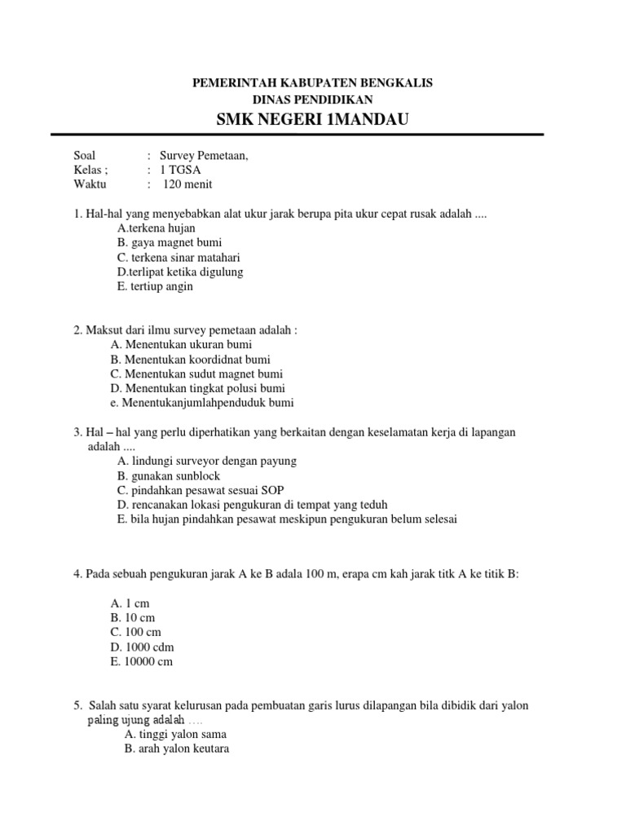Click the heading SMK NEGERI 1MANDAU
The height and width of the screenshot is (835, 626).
coord(312,121)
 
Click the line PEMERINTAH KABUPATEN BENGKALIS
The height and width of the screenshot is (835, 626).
coord(312,83)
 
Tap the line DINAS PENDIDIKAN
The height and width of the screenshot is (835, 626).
coord(312,99)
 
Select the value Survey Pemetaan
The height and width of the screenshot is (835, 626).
coord(203,156)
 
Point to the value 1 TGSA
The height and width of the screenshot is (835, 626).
coord(181,170)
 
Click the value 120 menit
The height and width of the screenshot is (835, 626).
coord(187,185)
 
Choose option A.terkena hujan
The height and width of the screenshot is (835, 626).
coord(156,228)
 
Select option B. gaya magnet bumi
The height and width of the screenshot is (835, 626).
coord(170,242)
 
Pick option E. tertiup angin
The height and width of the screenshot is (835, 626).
coord(155,286)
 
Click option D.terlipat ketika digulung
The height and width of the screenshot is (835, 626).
coord(180,272)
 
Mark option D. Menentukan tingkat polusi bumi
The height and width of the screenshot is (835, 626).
coord(198,388)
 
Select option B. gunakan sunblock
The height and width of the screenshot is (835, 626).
coord(169,475)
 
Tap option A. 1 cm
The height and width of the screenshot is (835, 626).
coord(130,603)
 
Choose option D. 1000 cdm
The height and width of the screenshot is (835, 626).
coord(142,647)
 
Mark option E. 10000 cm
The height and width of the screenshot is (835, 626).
coord(142,662)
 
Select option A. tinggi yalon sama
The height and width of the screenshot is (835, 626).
coord(175,734)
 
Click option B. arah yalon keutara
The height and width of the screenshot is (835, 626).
coord(177,749)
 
